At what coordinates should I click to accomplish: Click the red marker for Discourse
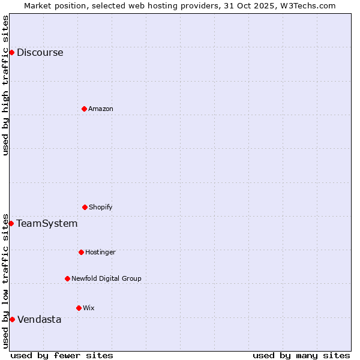pos(11,52)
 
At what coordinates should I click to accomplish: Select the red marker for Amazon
pos(84,109)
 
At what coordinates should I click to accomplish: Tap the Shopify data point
pos(85,207)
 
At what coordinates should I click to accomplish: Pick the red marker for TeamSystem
pos(11,223)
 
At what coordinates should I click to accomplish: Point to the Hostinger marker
pos(81,252)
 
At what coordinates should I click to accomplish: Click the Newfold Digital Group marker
pos(67,278)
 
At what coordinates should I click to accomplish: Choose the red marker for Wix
pos(79,308)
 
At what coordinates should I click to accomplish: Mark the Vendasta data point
pos(12,319)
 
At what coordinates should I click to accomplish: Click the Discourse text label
pos(40,52)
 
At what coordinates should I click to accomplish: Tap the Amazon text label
pos(101,109)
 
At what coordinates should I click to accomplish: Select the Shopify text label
pos(101,207)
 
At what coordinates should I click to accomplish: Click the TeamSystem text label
pos(47,223)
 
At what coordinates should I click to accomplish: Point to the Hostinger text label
pos(100,252)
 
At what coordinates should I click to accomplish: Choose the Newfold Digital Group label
pos(106,278)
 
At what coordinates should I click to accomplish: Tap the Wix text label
pos(89,308)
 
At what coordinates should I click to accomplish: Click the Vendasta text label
pos(39,319)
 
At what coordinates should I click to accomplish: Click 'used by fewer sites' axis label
pos(62,355)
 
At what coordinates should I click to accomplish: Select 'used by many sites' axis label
pos(301,355)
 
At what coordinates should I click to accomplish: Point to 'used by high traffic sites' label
pos(5,85)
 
